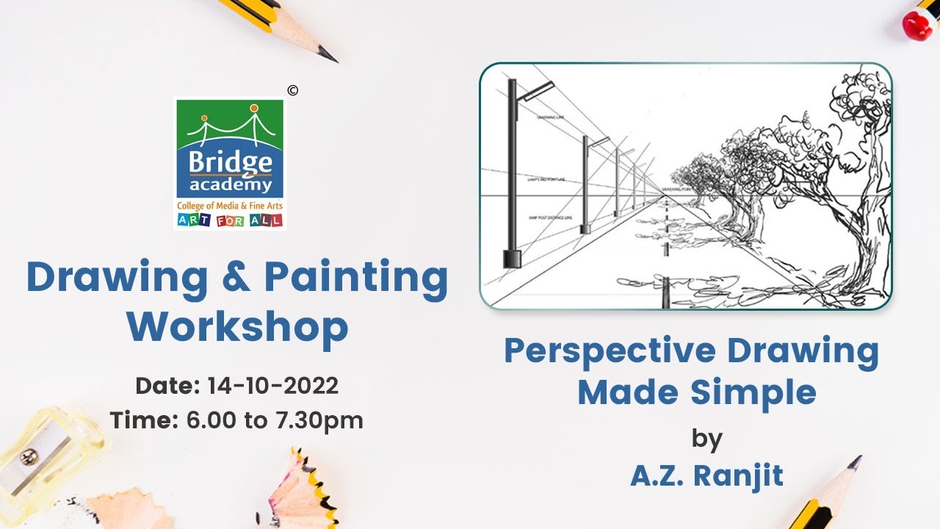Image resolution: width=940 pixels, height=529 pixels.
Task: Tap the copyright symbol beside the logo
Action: click(293, 90)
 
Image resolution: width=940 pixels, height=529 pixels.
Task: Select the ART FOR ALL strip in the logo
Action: click(230, 220)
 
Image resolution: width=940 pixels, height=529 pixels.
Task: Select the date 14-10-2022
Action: click(272, 385)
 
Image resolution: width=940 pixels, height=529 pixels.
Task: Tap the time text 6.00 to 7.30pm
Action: click(275, 420)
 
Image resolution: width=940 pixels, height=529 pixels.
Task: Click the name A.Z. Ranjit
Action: click(706, 475)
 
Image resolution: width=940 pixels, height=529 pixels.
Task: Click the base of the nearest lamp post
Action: click(512, 259)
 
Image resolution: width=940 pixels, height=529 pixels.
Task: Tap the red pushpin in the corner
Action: click(918, 24)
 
